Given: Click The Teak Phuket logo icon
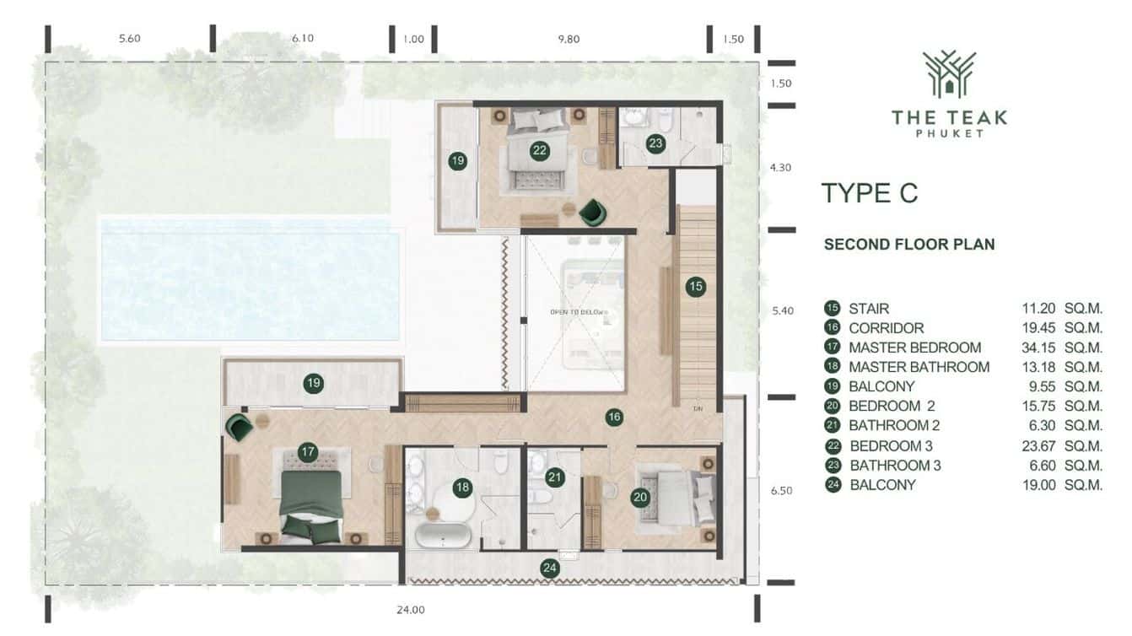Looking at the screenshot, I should click(x=949, y=74).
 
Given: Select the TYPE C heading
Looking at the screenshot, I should click(x=869, y=193).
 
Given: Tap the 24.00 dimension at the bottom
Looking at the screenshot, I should click(x=412, y=610).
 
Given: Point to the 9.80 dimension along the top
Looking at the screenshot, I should click(x=570, y=39).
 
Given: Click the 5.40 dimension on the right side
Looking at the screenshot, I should click(x=782, y=310).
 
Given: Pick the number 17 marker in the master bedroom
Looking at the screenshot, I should click(x=307, y=452).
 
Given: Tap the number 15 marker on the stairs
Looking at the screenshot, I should click(x=695, y=286).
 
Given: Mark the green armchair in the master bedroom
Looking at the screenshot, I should click(x=238, y=426).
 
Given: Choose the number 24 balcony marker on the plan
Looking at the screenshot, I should click(x=550, y=568).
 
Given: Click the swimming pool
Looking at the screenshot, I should click(x=251, y=279).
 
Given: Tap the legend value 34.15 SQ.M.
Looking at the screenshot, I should click(x=1061, y=348).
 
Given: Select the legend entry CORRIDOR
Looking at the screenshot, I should click(x=886, y=328).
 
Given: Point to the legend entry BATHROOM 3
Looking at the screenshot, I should click(x=895, y=465).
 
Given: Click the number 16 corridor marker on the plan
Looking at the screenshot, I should click(x=614, y=416).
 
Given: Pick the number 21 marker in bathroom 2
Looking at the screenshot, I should click(x=554, y=477).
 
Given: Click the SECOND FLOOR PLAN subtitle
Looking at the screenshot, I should click(x=909, y=245).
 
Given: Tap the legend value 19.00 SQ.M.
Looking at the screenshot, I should click(x=1061, y=484).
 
